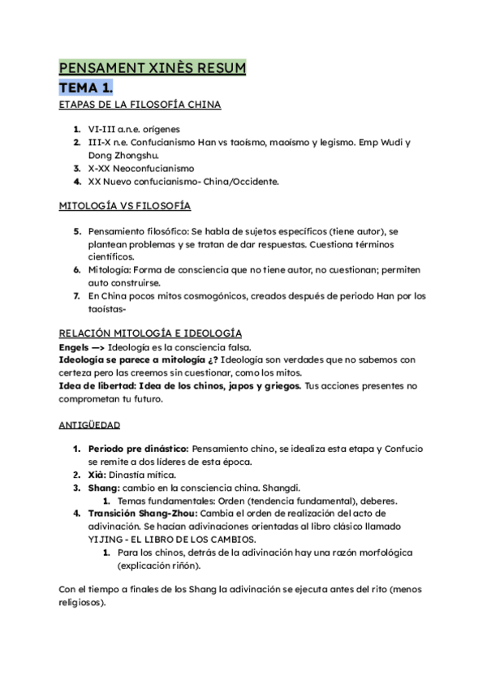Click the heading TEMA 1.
tap(86, 86)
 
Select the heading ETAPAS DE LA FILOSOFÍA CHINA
tap(140, 105)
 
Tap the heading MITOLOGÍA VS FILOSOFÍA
tap(125, 206)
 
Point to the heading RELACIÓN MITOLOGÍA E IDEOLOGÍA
tap(149, 333)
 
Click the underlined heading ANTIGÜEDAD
tap(89, 424)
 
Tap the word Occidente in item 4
tap(253, 182)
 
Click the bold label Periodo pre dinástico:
tap(138, 449)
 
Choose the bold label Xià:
tap(98, 475)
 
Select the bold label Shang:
tap(104, 488)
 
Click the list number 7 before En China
tap(76, 296)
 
